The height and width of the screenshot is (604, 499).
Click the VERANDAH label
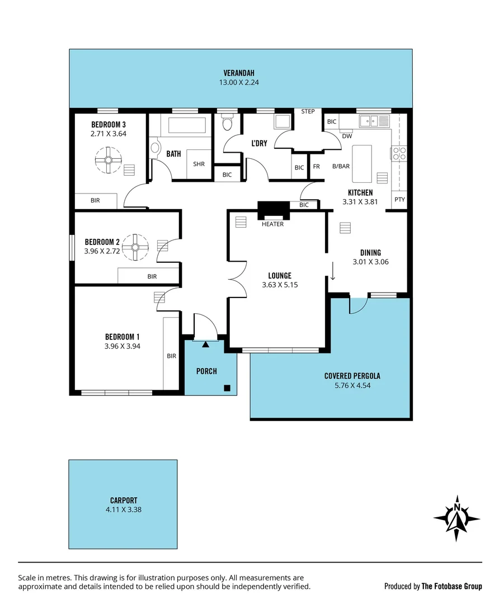pos(239,73)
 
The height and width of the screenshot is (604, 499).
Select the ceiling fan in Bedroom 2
pos(135,247)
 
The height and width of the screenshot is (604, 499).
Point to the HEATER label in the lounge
pos(272,224)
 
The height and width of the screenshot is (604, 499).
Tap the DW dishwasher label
pos(346,136)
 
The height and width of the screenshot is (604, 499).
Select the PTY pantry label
pos(399,199)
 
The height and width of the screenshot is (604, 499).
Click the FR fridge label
pos(316,167)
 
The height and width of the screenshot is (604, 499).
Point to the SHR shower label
pos(199,164)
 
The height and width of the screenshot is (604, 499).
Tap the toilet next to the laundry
pos(227,123)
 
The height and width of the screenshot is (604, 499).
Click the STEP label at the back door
pos(308,112)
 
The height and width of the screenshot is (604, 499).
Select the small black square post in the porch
pos(227,388)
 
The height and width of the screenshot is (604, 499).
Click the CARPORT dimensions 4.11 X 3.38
pos(124,509)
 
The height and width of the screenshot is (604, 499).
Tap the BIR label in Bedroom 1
pos(171,355)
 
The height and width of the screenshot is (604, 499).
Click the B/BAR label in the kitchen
pos(341,166)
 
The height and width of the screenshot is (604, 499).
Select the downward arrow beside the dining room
pos(333,272)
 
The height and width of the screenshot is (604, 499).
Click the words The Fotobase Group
pos(451,586)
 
